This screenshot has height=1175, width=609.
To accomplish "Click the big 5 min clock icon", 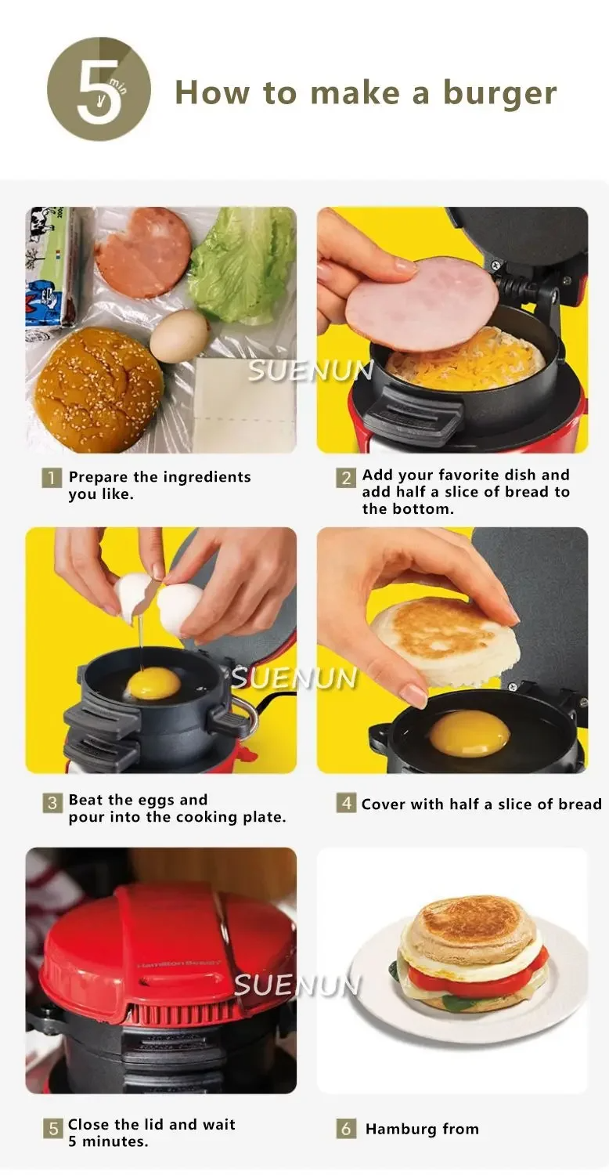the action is click(x=99, y=89).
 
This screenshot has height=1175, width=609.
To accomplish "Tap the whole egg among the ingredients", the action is click(x=178, y=336).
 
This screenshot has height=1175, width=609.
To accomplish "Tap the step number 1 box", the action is click(x=52, y=478).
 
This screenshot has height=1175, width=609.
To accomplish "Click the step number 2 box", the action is click(x=346, y=478).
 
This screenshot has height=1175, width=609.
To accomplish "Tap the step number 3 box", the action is click(x=52, y=803).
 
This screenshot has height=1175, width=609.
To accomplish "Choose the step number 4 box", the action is click(x=346, y=803).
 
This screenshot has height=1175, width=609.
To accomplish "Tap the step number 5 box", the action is click(x=53, y=1128).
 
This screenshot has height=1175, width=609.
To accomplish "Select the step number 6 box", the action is click(x=346, y=1128).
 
